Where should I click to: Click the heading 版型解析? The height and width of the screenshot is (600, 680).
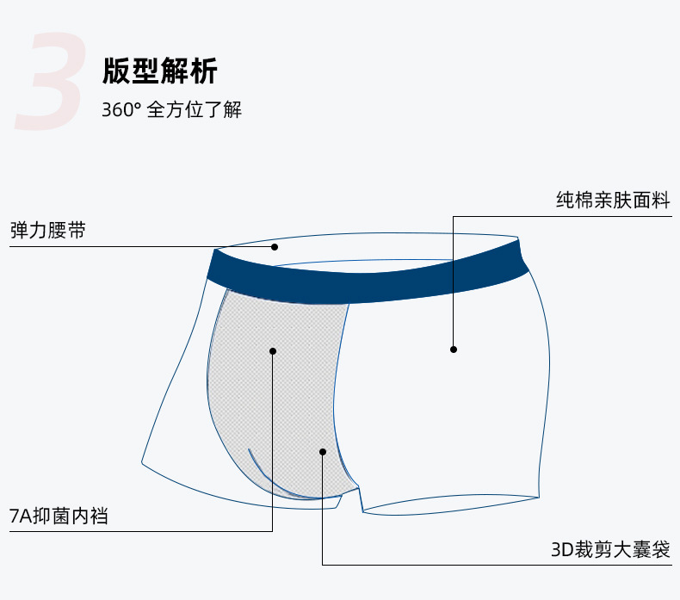click(x=159, y=70)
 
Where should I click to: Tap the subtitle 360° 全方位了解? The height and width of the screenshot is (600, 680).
click(x=171, y=110)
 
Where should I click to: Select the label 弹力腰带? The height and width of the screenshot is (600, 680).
click(x=47, y=231)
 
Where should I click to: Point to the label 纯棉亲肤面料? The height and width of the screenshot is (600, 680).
click(x=612, y=201)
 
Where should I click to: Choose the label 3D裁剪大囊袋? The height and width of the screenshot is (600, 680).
click(x=610, y=549)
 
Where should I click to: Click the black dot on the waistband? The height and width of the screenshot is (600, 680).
click(x=275, y=247)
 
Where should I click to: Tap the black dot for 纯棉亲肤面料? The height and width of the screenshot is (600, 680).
click(x=454, y=349)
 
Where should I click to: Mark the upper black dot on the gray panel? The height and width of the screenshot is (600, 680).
click(x=273, y=350)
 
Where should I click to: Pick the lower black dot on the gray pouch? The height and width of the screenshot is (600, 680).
click(x=323, y=451)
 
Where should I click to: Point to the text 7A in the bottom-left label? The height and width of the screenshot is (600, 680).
click(x=19, y=516)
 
